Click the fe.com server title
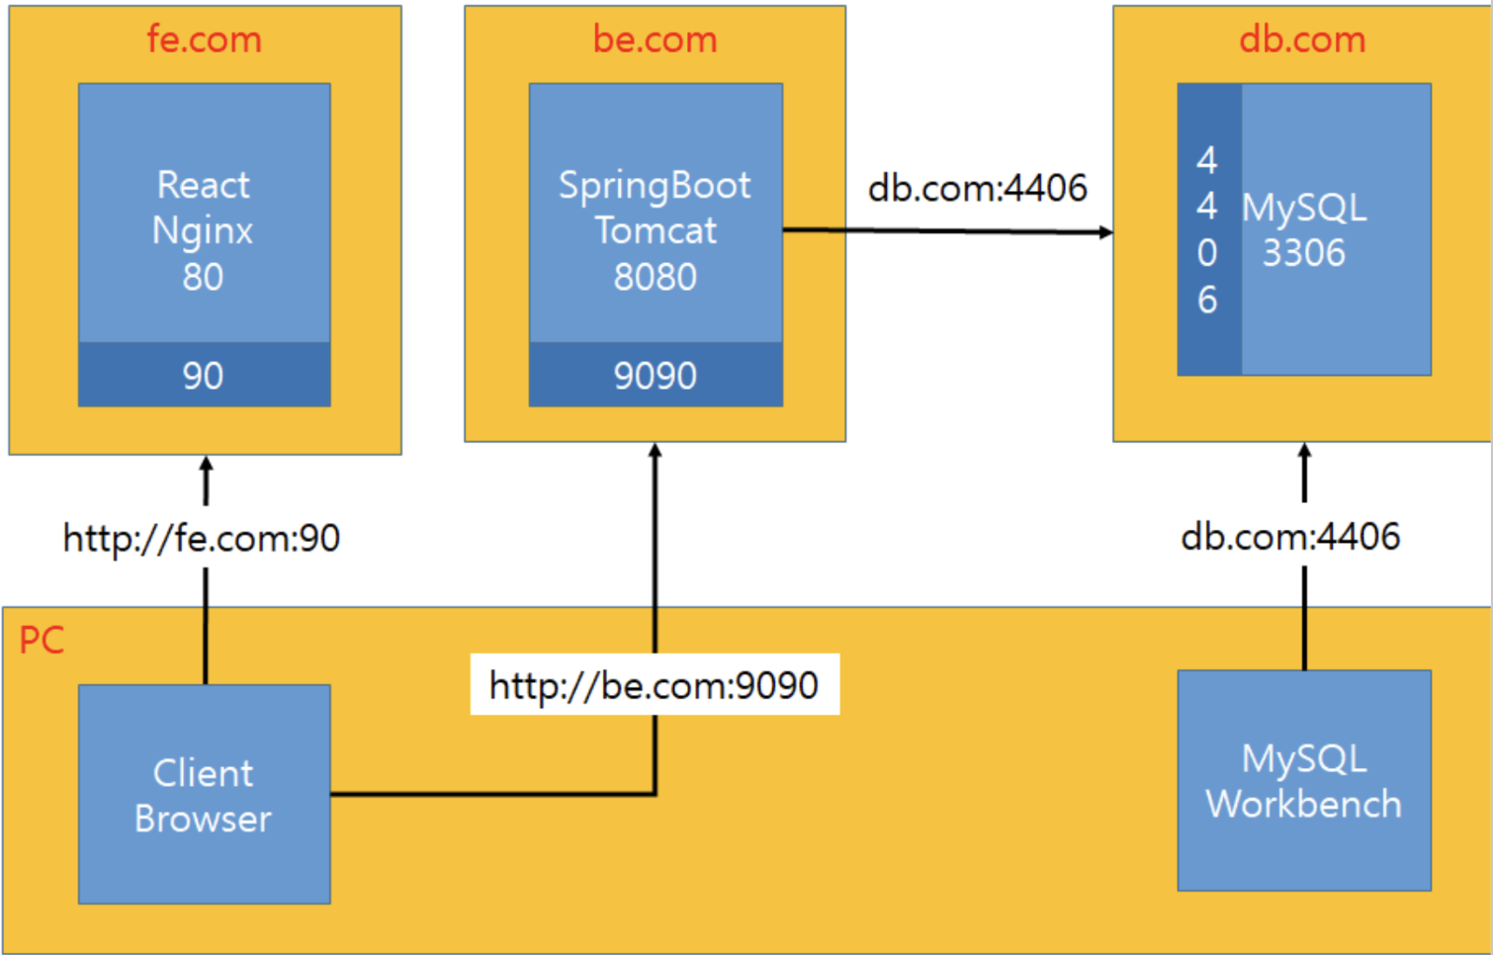(x=204, y=40)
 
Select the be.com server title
(x=655, y=40)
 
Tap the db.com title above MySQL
(x=1302, y=40)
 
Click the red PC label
(x=42, y=641)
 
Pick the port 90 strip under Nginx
(x=204, y=375)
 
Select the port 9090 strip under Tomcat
(x=655, y=375)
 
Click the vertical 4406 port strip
(x=1208, y=229)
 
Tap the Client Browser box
(x=204, y=794)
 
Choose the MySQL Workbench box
(x=1303, y=781)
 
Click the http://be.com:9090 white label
(x=654, y=684)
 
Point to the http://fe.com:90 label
(x=202, y=539)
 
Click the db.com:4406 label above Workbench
(x=1290, y=537)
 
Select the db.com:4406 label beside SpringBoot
(x=977, y=188)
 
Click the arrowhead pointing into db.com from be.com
(x=1105, y=232)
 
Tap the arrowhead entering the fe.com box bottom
(x=206, y=463)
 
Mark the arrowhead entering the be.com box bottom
(x=655, y=451)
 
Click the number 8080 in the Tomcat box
(x=655, y=277)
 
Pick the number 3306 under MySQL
(x=1303, y=253)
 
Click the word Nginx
(x=203, y=231)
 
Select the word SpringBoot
(x=655, y=185)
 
